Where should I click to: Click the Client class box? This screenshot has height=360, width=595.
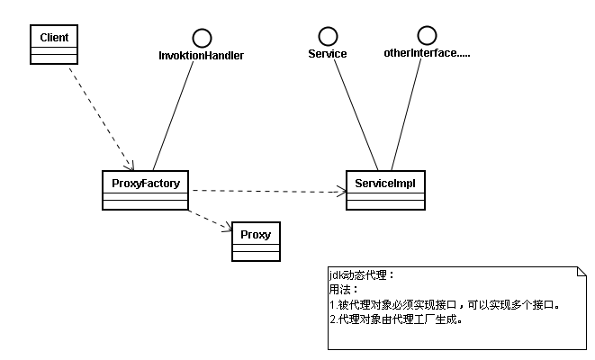coord(54,44)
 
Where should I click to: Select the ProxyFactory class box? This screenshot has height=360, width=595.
coord(145,190)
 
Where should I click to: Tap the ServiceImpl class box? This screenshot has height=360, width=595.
coord(385,190)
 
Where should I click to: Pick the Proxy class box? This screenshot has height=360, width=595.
coord(257,241)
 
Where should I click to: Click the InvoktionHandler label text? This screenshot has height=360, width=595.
coord(201,56)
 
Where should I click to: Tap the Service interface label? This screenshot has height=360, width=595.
coord(328,54)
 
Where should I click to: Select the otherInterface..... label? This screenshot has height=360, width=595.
coord(427,53)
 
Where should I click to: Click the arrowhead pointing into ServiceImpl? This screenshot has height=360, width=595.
coord(342,192)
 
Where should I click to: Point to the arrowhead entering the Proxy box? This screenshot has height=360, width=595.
coord(228,229)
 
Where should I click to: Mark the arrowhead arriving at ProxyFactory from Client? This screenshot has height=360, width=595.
coord(130,166)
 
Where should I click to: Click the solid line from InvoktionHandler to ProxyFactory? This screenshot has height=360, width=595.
coord(173,116)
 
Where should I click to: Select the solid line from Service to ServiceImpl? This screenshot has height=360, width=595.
coord(356,115)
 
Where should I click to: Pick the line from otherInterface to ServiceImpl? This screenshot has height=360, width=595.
coord(406,114)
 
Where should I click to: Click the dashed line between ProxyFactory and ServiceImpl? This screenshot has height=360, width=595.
coord(269,191)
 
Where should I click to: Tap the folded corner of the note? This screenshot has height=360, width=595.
coord(581,271)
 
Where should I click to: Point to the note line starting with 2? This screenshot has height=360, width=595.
coord(396,319)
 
